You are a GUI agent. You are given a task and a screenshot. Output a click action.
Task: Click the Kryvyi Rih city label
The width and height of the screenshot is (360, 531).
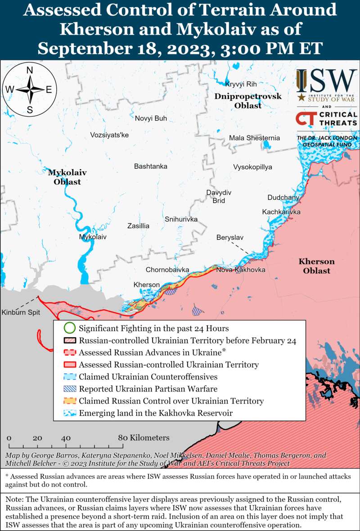point(241,84)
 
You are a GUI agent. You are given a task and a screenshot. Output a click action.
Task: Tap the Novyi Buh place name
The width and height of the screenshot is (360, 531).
point(151,118)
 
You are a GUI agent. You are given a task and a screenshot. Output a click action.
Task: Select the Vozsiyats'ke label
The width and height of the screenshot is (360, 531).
point(109,135)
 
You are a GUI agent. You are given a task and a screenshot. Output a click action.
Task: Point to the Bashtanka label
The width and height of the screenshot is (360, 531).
point(150,166)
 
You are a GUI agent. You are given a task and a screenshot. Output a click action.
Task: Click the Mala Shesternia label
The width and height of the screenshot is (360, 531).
point(254,138)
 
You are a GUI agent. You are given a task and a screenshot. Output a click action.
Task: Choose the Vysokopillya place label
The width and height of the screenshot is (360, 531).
point(252,167)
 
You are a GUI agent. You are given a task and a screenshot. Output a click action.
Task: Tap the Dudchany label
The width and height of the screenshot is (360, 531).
point(283,198)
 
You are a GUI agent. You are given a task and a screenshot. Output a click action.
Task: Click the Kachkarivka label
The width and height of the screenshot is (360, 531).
point(281,212)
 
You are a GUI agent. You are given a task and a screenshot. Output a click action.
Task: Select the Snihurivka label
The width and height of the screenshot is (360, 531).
point(181,219)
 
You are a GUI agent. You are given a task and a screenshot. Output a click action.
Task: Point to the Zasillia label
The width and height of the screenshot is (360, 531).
point(138,226)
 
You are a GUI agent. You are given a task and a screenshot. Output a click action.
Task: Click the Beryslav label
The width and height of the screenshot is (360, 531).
point(230,237)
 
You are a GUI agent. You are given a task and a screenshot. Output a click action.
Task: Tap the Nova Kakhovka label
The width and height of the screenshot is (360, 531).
point(240,270)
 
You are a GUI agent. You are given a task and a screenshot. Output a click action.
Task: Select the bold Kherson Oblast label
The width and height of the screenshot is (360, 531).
point(316,266)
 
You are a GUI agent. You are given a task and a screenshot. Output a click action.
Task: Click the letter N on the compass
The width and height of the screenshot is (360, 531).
point(30,70)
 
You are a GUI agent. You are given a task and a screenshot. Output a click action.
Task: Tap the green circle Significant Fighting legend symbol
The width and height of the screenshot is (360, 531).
point(69,328)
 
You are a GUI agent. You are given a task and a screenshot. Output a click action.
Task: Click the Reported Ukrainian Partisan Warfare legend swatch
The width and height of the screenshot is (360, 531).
point(69,389)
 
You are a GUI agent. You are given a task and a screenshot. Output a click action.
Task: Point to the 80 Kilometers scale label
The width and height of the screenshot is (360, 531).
point(144,438)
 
